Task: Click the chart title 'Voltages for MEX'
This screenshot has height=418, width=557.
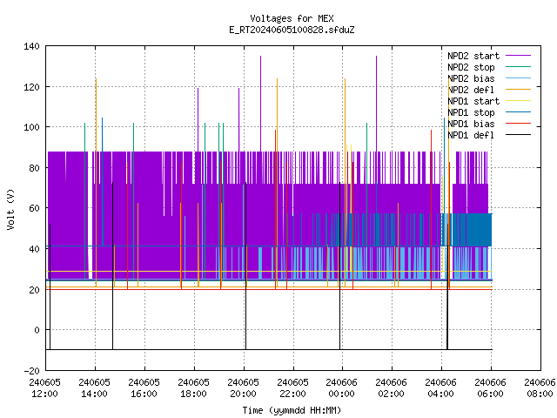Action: coord(292,18)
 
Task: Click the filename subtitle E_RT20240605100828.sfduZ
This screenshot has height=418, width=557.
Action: coord(292,30)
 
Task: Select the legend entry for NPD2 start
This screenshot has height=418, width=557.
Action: coord(489,56)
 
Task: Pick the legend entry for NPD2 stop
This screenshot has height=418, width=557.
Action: coord(489,67)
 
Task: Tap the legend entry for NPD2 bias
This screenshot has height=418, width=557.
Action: coord(489,78)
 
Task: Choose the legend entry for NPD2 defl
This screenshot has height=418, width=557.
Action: coord(489,90)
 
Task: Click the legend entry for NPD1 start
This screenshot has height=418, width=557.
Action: coord(489,101)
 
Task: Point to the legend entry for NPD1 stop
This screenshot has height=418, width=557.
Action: coord(489,112)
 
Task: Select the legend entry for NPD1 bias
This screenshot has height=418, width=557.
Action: coord(489,124)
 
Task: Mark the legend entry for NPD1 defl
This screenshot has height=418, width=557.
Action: coord(489,136)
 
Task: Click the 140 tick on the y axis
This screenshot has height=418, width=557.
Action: coord(31,46)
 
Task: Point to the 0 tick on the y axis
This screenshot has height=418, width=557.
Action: coord(37,330)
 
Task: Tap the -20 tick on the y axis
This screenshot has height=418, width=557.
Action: coord(31,371)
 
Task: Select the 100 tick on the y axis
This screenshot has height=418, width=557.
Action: coord(31,127)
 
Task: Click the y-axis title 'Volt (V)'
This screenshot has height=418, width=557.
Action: coord(10,209)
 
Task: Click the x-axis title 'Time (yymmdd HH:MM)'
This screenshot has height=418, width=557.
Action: coord(292,410)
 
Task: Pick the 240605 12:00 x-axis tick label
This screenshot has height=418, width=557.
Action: coord(44,388)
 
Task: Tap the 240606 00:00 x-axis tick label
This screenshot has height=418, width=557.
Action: coord(342,388)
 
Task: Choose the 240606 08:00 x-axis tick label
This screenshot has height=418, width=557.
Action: coord(540,388)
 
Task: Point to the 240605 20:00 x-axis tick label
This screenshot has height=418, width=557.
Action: coord(243,388)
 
